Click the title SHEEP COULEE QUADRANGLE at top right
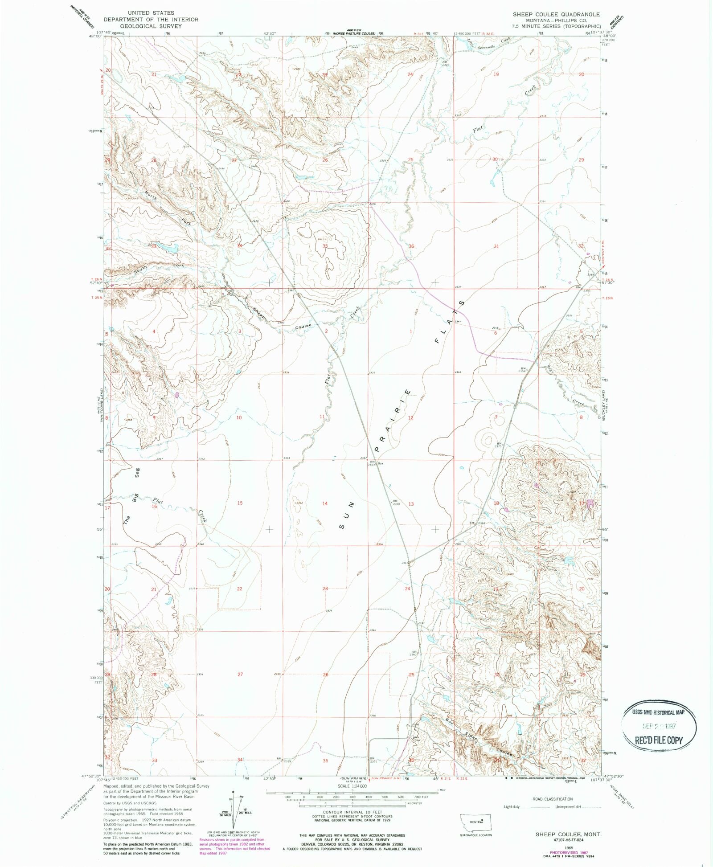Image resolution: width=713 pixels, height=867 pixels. pos(556,14)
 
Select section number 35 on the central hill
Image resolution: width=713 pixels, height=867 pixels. pos(325,246)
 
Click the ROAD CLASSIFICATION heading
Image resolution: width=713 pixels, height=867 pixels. pos(553,799)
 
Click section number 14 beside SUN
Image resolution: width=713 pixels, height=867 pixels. pos(325,503)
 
